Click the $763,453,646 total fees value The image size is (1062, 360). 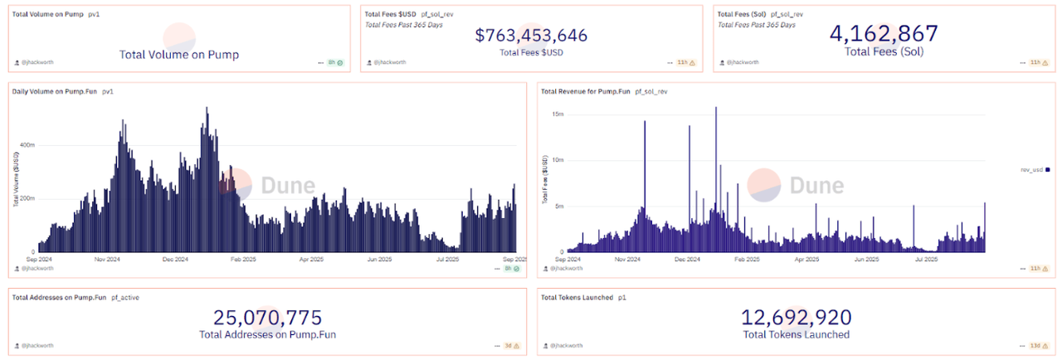click(531, 35)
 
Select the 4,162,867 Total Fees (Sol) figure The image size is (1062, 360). click(884, 33)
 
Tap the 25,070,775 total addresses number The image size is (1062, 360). click(267, 318)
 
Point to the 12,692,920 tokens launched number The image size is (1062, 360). click(796, 318)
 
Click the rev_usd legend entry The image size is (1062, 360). click(1036, 169)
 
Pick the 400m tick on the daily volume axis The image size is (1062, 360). click(27, 144)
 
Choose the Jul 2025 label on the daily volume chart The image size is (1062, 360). click(450, 259)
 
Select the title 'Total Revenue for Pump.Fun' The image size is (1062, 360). click(584, 91)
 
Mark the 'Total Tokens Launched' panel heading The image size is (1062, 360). click(577, 297)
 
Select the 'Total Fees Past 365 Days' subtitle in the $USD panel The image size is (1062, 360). click(404, 24)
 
